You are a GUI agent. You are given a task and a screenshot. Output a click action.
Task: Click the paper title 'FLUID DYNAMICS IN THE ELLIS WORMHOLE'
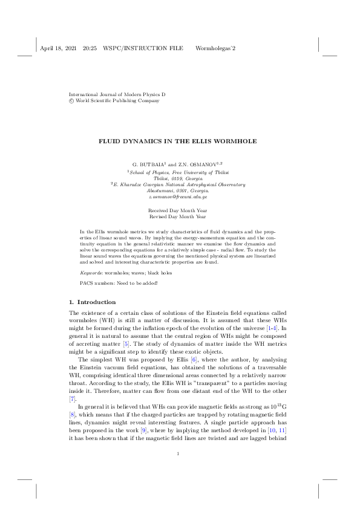point(178,141)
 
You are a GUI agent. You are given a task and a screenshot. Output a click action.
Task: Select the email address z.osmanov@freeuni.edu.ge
point(178,197)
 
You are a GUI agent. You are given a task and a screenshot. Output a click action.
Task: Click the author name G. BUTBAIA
point(148,164)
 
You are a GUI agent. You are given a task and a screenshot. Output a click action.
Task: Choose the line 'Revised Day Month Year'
point(178,216)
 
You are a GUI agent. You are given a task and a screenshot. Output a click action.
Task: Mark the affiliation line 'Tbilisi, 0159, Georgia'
point(178,178)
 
